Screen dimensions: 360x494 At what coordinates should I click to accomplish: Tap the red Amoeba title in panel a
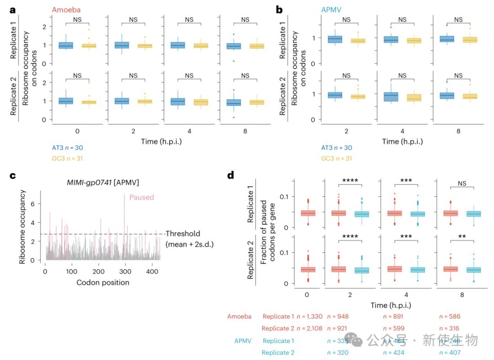coord(64,10)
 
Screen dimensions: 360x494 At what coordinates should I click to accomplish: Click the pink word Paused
coord(142,198)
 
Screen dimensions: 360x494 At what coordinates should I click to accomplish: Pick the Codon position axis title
coord(102,282)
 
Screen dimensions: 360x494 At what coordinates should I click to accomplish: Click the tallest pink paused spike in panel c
coord(124,197)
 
